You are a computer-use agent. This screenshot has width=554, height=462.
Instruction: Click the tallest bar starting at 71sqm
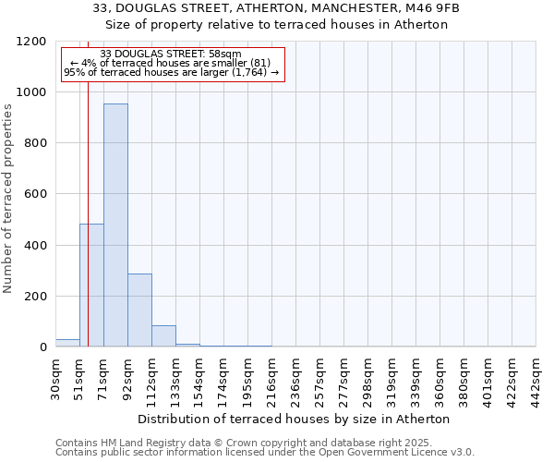pyautogui.click(x=115, y=225)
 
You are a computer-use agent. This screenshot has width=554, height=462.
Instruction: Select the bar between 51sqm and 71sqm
pyautogui.click(x=91, y=286)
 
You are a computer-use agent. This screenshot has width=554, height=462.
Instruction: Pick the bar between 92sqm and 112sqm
pyautogui.click(x=139, y=310)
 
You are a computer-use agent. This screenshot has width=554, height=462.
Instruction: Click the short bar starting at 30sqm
pyautogui.click(x=67, y=343)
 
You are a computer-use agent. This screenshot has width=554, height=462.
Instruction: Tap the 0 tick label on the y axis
pyautogui.click(x=42, y=347)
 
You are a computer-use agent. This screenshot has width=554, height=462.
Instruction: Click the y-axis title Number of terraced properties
pyautogui.click(x=9, y=199)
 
